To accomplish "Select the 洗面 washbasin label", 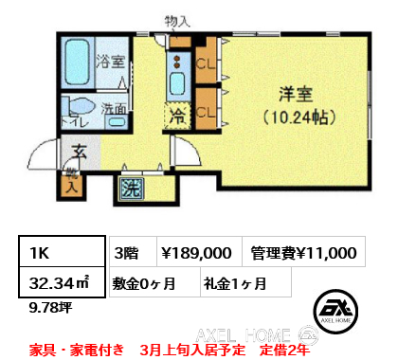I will point(116,107).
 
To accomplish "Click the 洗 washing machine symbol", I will point(130,187).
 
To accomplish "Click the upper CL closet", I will point(206,65).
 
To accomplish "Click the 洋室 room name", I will point(296,94).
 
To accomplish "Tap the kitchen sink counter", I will point(177,71).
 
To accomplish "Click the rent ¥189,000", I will point(196,253).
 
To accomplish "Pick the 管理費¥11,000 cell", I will point(303,253).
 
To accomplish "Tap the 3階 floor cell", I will point(127,253).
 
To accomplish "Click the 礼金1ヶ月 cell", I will point(234,281).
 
